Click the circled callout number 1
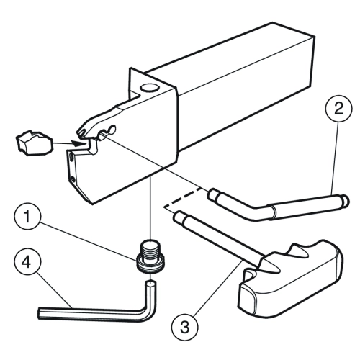[27, 217]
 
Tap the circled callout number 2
[338, 109]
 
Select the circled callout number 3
[185, 327]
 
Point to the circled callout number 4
[27, 262]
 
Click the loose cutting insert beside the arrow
[34, 143]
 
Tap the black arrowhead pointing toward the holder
[78, 144]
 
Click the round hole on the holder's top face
[148, 88]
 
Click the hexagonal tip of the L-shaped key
[150, 284]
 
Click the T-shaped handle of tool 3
[290, 279]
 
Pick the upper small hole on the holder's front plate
[71, 157]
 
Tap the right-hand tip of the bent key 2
[346, 201]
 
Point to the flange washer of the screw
[150, 264]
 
